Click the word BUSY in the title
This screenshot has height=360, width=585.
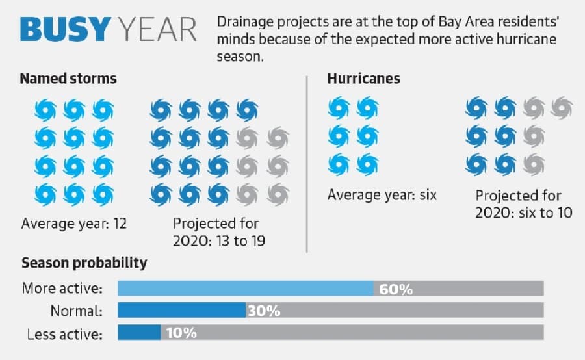click(x=65, y=29)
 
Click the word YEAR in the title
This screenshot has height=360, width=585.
click(x=157, y=29)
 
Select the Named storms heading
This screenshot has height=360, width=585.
click(x=68, y=79)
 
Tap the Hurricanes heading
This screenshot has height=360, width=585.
click(x=364, y=79)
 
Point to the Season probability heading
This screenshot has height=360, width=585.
click(x=84, y=263)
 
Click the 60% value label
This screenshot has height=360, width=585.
click(x=396, y=289)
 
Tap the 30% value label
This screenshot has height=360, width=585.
click(x=264, y=311)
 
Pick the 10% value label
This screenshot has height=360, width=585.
click(x=181, y=333)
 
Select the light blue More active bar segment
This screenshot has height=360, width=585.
click(x=246, y=289)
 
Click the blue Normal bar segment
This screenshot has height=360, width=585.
click(x=182, y=310)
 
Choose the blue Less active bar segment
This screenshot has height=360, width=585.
click(x=139, y=332)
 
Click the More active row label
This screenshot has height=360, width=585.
click(x=62, y=289)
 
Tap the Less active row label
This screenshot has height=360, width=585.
click(x=64, y=334)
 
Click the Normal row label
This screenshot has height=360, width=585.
click(x=77, y=311)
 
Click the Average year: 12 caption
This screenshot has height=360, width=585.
click(x=74, y=224)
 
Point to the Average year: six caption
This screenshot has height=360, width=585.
click(x=382, y=195)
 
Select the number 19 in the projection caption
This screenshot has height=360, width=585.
click(x=258, y=241)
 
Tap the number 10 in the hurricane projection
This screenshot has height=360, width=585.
click(x=564, y=212)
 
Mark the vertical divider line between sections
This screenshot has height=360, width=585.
click(x=307, y=164)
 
